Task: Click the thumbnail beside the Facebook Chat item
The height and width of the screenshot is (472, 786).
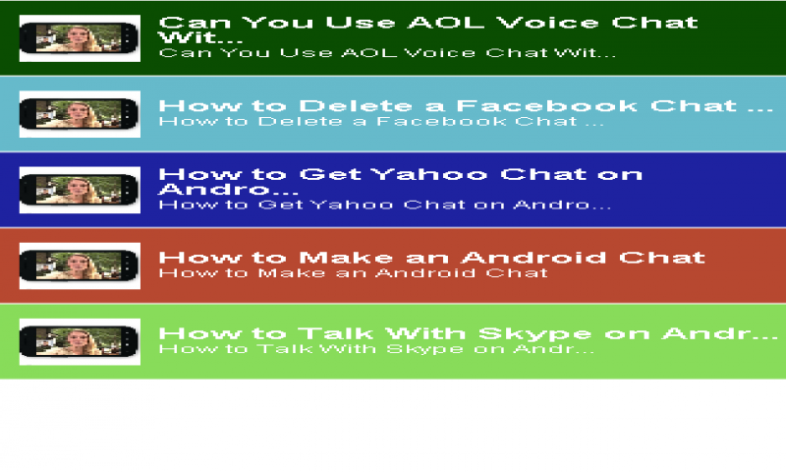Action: click(x=80, y=112)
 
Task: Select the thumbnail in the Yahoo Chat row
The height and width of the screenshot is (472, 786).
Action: click(x=80, y=189)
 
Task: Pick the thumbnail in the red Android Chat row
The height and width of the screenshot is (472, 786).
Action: click(x=80, y=265)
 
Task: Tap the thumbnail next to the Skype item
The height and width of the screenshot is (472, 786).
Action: click(x=80, y=341)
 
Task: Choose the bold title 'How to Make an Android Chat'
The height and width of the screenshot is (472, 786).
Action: click(x=431, y=257)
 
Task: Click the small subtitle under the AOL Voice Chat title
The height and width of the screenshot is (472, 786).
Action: click(x=387, y=54)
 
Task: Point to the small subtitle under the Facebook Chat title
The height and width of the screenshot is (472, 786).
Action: click(x=381, y=122)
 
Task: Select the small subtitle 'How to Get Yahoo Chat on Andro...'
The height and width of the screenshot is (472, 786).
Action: click(x=385, y=206)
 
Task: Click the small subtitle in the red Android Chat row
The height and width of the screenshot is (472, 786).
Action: click(x=354, y=272)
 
